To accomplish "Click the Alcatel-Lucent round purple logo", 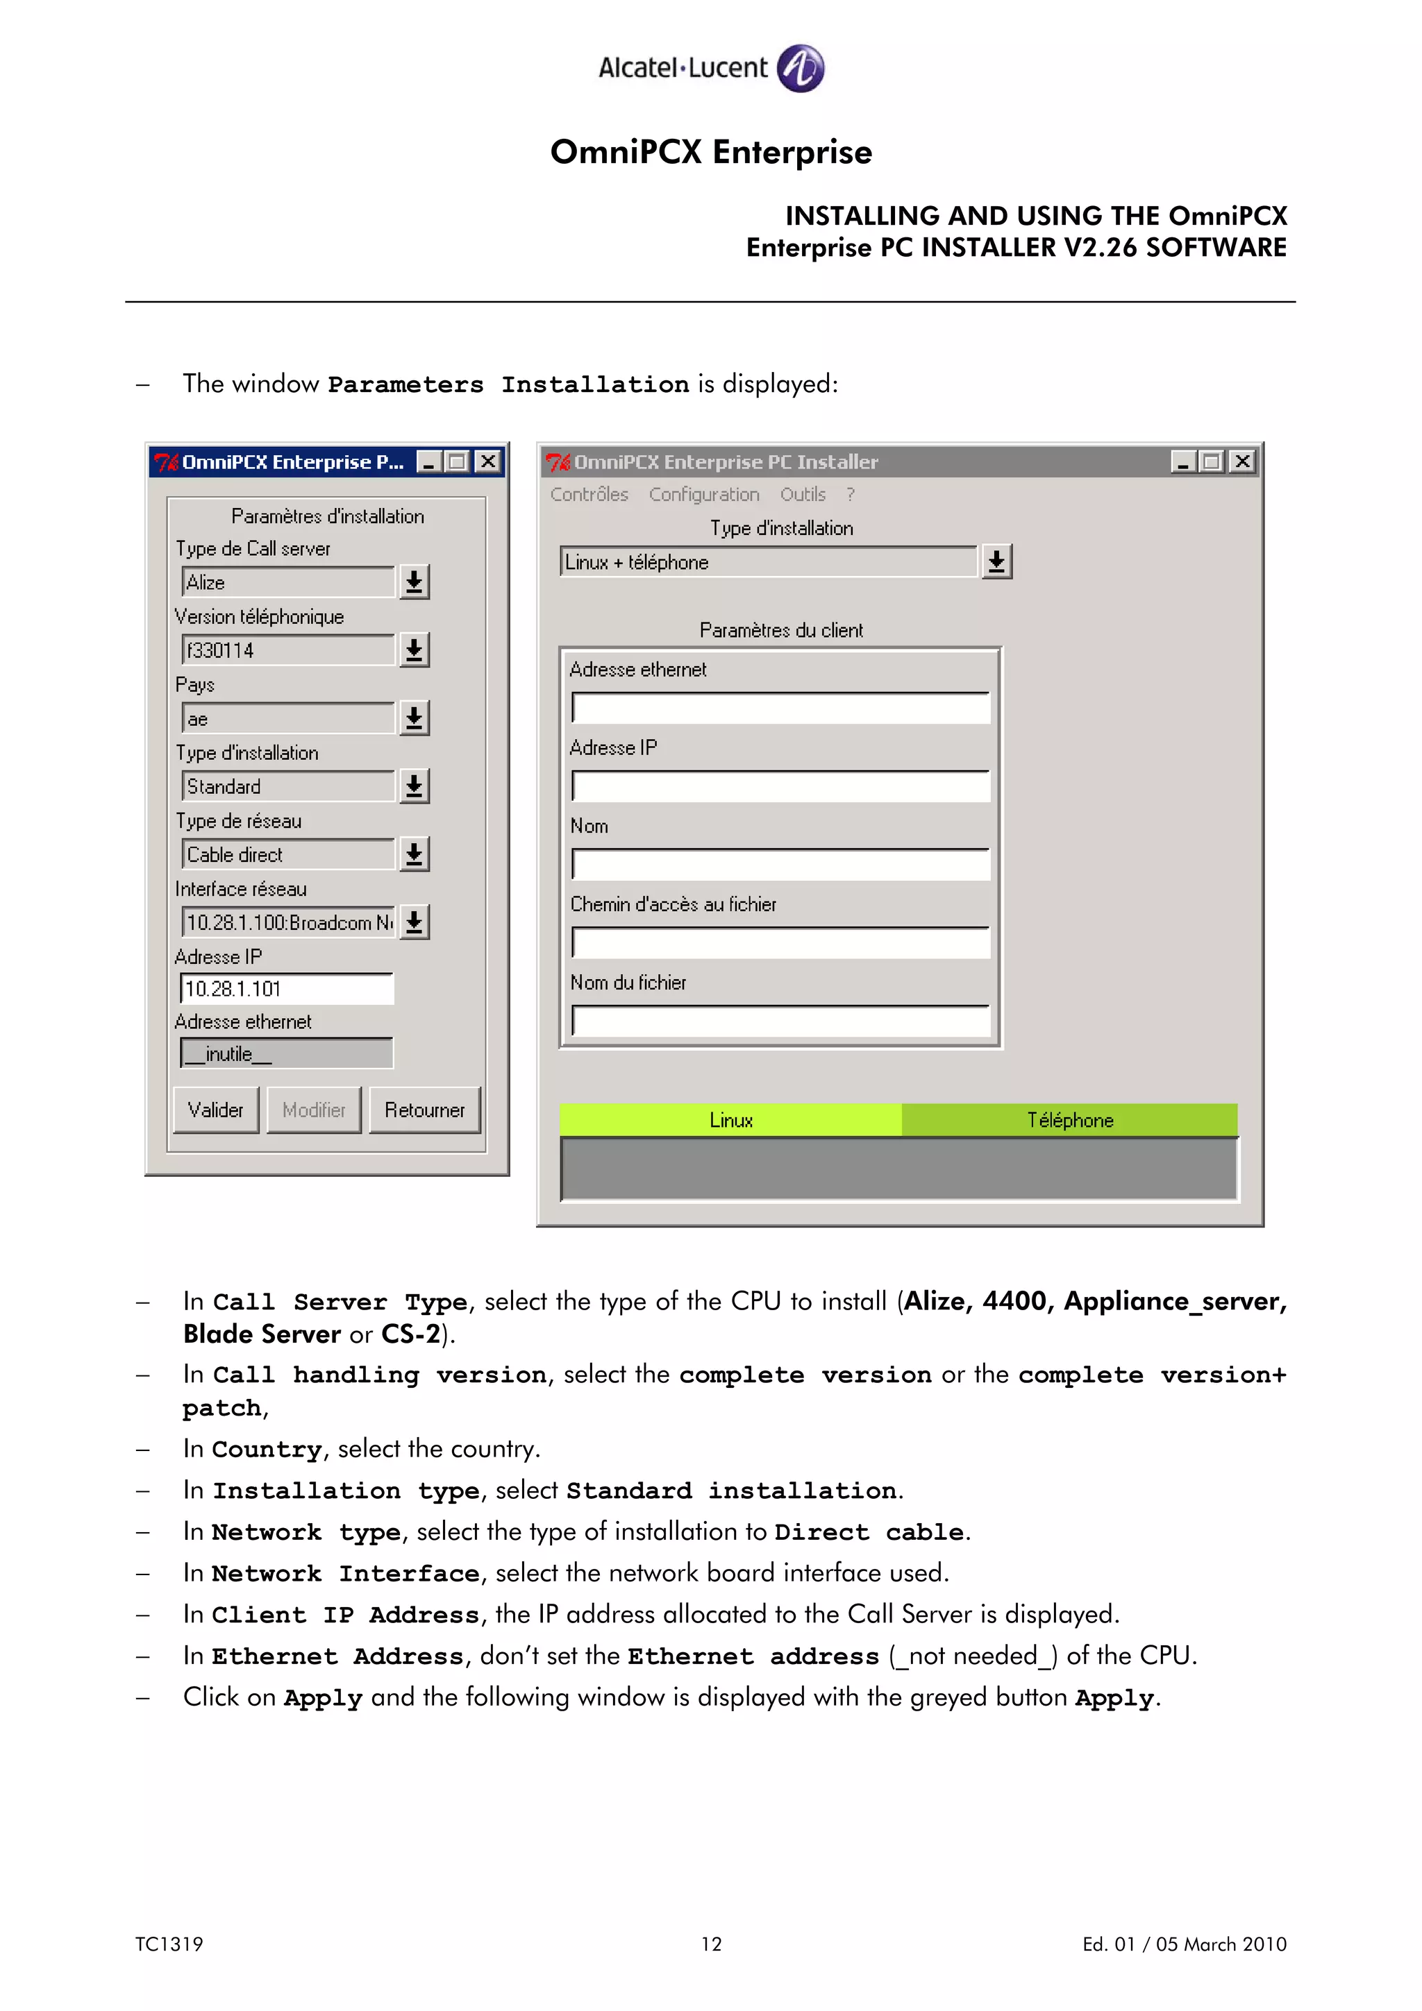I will click(801, 68).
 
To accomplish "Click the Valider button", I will click(215, 1110).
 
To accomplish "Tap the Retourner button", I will click(425, 1110).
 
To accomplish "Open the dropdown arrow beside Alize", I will click(415, 582).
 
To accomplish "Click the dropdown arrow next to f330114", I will click(415, 650).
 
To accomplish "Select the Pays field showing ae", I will click(287, 718).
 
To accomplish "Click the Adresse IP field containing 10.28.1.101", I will click(287, 989).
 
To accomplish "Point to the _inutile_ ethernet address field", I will click(287, 1053).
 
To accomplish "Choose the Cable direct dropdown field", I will click(287, 854).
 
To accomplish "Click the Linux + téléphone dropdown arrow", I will click(996, 561).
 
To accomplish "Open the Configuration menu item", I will click(703, 494).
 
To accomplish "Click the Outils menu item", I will click(803, 494).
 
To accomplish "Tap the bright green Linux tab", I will click(730, 1120).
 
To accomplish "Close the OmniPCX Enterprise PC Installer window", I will click(1242, 461).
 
